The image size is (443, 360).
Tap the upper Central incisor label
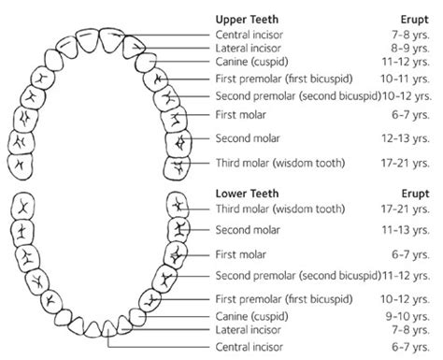(x=250, y=35)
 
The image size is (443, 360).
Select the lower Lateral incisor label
(x=250, y=330)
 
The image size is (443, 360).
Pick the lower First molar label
(x=240, y=252)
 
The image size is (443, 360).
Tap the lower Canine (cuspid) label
(x=251, y=316)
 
